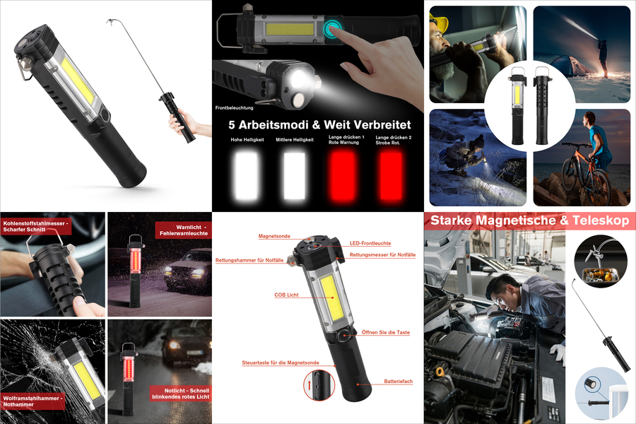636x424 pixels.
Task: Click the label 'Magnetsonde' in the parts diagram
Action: tap(274, 236)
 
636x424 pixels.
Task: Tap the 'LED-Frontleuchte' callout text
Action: tap(370, 243)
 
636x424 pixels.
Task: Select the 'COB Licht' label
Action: tap(286, 295)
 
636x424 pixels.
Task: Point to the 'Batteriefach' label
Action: tap(399, 382)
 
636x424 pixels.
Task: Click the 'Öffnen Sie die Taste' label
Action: tap(386, 332)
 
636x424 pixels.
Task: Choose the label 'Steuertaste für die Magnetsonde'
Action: tap(281, 363)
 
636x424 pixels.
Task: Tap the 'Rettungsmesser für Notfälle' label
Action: tap(382, 255)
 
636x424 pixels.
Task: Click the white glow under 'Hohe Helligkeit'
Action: tap(247, 175)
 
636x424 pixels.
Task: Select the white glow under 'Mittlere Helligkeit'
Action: tap(295, 175)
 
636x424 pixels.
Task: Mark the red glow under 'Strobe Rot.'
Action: tap(391, 175)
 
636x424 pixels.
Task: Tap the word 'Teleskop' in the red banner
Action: tap(601, 220)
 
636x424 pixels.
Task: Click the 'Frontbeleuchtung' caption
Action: tap(234, 108)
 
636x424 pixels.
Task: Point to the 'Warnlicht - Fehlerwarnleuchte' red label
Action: tap(183, 230)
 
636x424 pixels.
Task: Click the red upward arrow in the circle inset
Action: tap(309, 385)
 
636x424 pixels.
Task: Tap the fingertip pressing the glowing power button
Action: tap(334, 29)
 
